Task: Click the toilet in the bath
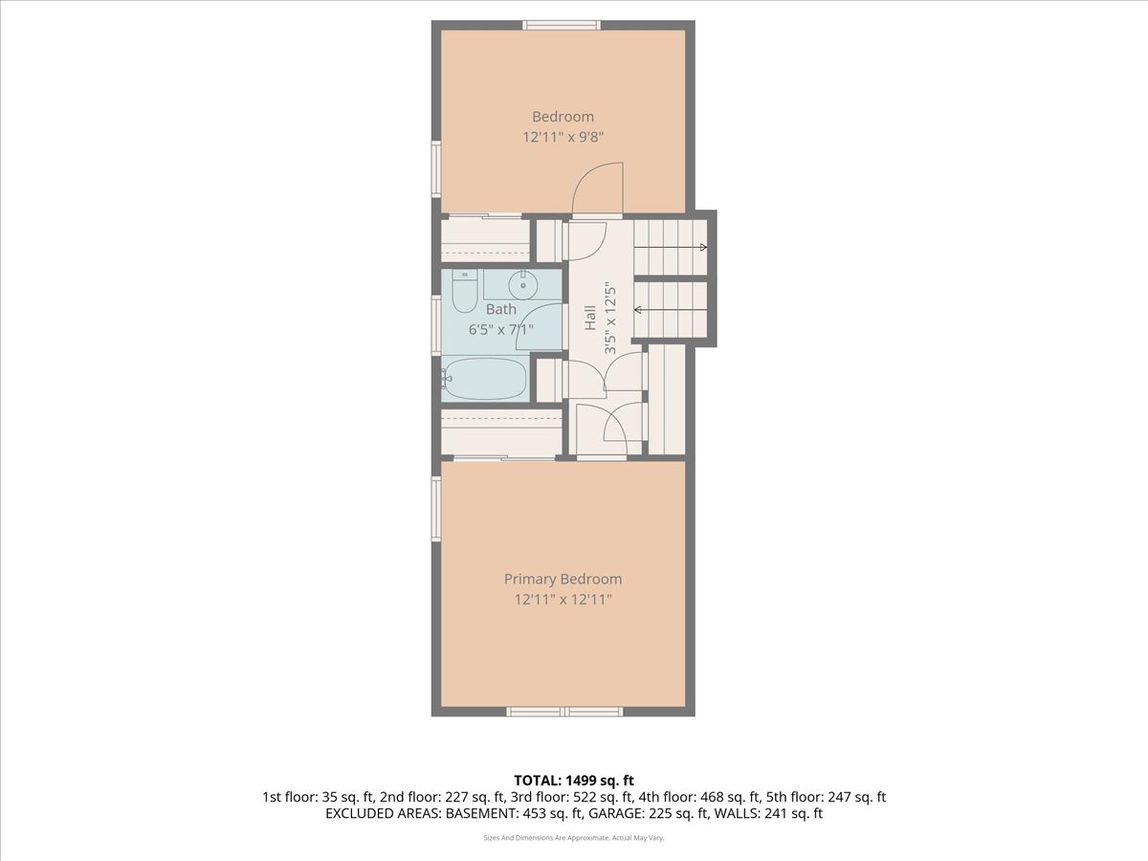464,291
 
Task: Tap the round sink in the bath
522,285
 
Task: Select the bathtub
484,379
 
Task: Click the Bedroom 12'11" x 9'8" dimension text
563,137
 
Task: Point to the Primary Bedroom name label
563,579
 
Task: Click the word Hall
590,318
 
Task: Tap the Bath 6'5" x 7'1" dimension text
500,329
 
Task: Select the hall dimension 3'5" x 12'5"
610,320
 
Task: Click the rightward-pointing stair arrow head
703,247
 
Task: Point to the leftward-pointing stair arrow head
637,310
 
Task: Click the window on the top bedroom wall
562,25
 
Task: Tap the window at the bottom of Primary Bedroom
564,712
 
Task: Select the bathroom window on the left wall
435,325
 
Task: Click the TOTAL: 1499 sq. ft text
574,781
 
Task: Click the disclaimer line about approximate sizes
574,837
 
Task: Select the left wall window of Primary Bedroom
435,508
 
